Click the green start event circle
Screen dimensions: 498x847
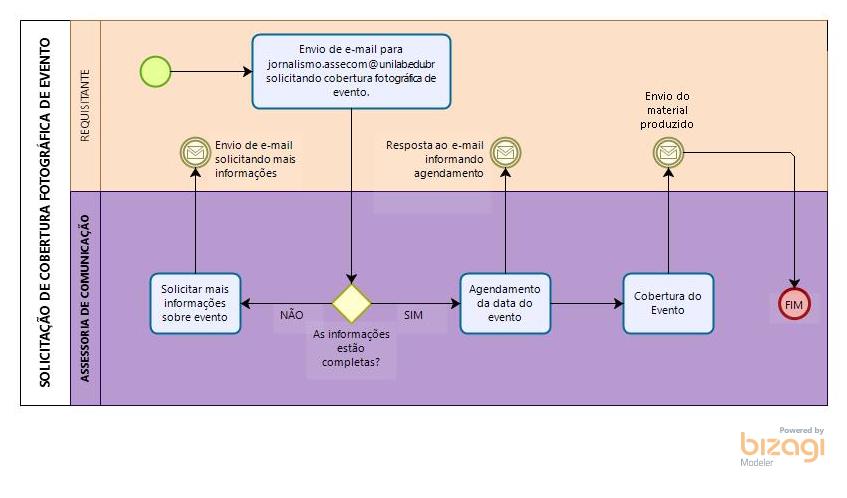click(155, 71)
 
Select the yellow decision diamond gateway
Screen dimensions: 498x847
click(352, 303)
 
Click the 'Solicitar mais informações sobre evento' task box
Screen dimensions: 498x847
click(195, 303)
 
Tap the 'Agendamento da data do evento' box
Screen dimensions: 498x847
click(505, 303)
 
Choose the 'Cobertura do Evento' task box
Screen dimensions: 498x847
click(668, 303)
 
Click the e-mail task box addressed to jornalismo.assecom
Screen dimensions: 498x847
click(351, 70)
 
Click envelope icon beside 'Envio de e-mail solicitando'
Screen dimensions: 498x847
click(194, 152)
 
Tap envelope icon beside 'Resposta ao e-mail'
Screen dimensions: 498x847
click(506, 152)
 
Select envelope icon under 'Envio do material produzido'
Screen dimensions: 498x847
click(668, 152)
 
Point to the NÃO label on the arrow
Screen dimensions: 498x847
click(291, 315)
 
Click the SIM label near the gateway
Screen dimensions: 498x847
click(413, 315)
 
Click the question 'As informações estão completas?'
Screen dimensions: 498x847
click(350, 349)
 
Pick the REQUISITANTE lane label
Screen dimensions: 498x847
click(85, 105)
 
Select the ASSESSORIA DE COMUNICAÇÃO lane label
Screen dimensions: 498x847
click(85, 297)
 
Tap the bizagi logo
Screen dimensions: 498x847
click(783, 446)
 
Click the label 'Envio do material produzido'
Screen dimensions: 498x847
click(668, 110)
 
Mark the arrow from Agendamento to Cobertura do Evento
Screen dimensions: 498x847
click(586, 303)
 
